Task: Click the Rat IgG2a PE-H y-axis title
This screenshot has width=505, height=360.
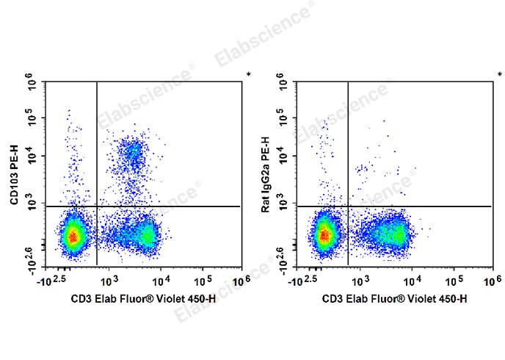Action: tap(266, 175)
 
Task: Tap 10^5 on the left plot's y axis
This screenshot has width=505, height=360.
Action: tap(32, 118)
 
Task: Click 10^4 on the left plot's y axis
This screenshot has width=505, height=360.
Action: tap(32, 155)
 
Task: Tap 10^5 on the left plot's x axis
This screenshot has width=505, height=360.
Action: tap(203, 281)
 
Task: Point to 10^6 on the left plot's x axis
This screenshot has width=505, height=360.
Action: tap(241, 281)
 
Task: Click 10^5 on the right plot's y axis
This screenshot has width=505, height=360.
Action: tap(283, 118)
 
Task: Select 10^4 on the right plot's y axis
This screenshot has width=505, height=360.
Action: tap(283, 155)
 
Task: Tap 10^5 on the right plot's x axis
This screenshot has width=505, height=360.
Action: tap(454, 281)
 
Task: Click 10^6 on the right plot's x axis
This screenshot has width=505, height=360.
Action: tap(493, 281)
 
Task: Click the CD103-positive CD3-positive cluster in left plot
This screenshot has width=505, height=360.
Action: tap(133, 153)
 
